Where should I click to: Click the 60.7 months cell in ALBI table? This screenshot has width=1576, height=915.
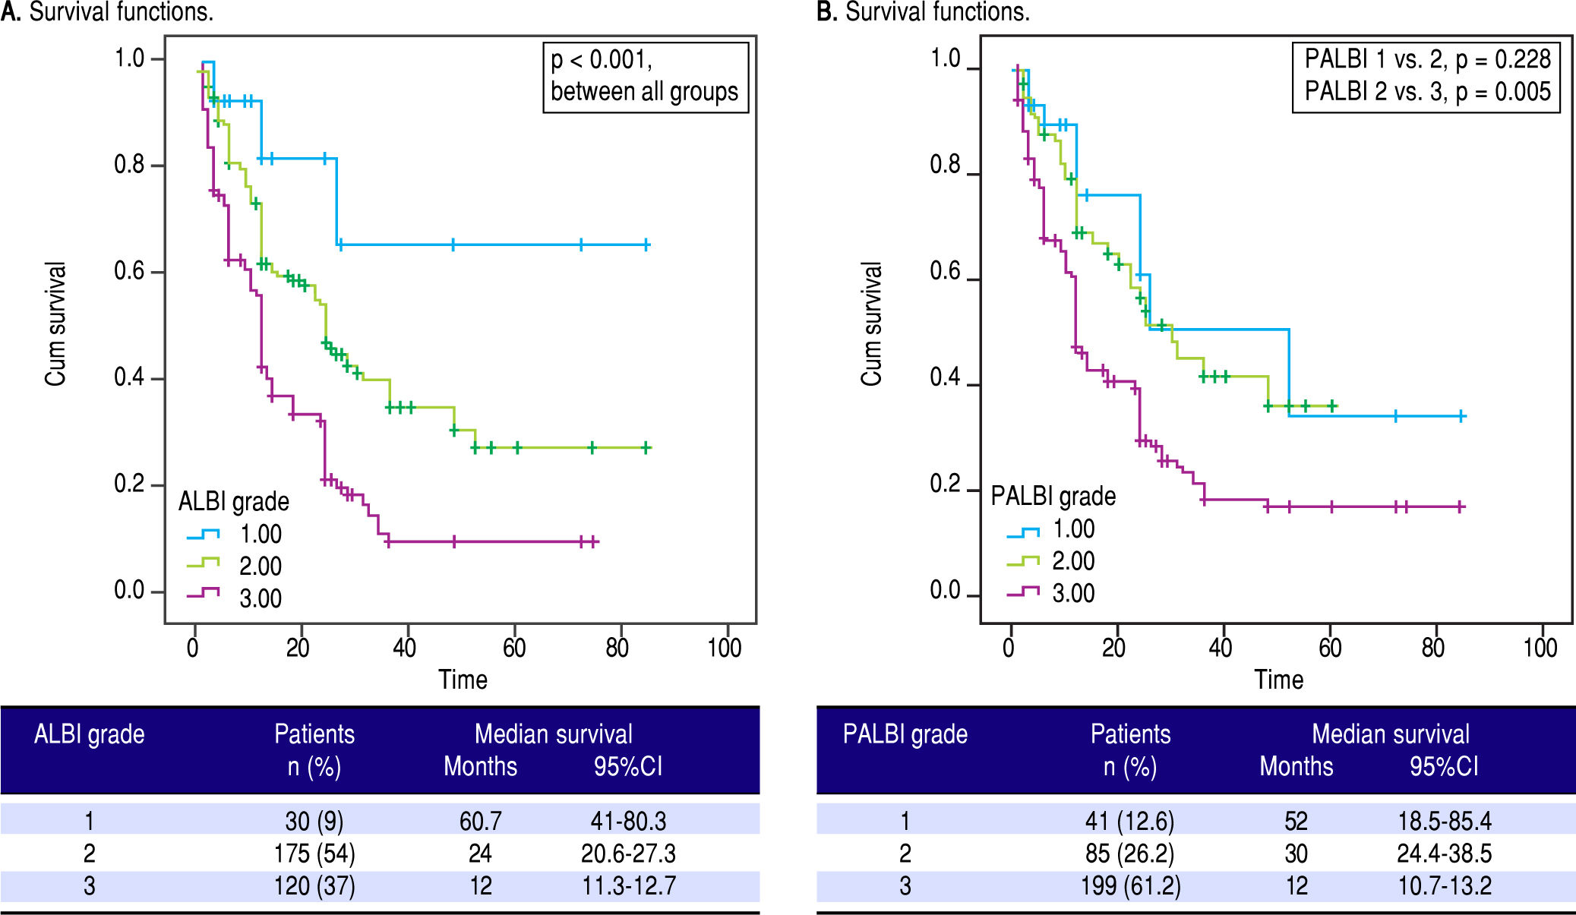pyautogui.click(x=480, y=821)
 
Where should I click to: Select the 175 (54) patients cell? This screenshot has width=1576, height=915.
pyautogui.click(x=314, y=853)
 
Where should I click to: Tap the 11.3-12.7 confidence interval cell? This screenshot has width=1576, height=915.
pyautogui.click(x=628, y=886)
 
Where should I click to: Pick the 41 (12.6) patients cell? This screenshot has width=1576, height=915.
pyautogui.click(x=1129, y=821)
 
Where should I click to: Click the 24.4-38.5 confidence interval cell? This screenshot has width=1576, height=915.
pyautogui.click(x=1444, y=853)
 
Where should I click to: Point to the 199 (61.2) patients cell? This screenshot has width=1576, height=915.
pyautogui.click(x=1130, y=886)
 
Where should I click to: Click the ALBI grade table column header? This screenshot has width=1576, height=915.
pyautogui.click(x=89, y=734)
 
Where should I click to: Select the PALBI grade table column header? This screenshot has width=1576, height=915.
pyautogui.click(x=905, y=734)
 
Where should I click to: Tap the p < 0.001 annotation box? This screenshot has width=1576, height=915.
pyautogui.click(x=645, y=76)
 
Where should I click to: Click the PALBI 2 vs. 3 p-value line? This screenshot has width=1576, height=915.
pyautogui.click(x=1427, y=92)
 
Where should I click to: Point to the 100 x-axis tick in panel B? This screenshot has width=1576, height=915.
pyautogui.click(x=1540, y=647)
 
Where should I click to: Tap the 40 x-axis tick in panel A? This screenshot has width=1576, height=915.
pyautogui.click(x=405, y=647)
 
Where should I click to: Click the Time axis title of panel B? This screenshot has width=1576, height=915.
pyautogui.click(x=1278, y=680)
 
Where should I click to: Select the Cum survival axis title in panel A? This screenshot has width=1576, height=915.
pyautogui.click(x=55, y=324)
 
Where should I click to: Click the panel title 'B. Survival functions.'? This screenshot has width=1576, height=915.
pyautogui.click(x=923, y=11)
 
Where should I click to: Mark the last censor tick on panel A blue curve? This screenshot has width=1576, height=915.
pyautogui.click(x=646, y=245)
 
